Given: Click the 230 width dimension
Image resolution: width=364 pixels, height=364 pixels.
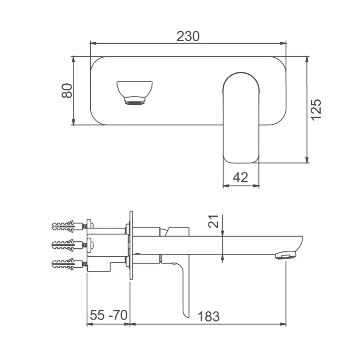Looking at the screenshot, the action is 188,36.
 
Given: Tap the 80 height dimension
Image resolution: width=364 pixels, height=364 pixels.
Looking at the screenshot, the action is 67,91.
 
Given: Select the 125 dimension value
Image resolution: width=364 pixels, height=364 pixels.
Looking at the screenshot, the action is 316,110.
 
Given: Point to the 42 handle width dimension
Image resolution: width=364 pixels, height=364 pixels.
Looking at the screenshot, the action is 241,178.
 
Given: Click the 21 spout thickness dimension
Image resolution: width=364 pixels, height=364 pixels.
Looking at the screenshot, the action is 213,221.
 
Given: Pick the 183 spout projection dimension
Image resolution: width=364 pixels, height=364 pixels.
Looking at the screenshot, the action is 209,316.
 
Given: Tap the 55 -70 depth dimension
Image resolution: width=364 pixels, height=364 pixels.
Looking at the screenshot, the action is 108,315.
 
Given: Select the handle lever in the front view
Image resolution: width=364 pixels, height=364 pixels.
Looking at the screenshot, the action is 241,118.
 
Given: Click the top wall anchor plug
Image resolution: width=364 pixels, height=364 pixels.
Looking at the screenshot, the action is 67,226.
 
